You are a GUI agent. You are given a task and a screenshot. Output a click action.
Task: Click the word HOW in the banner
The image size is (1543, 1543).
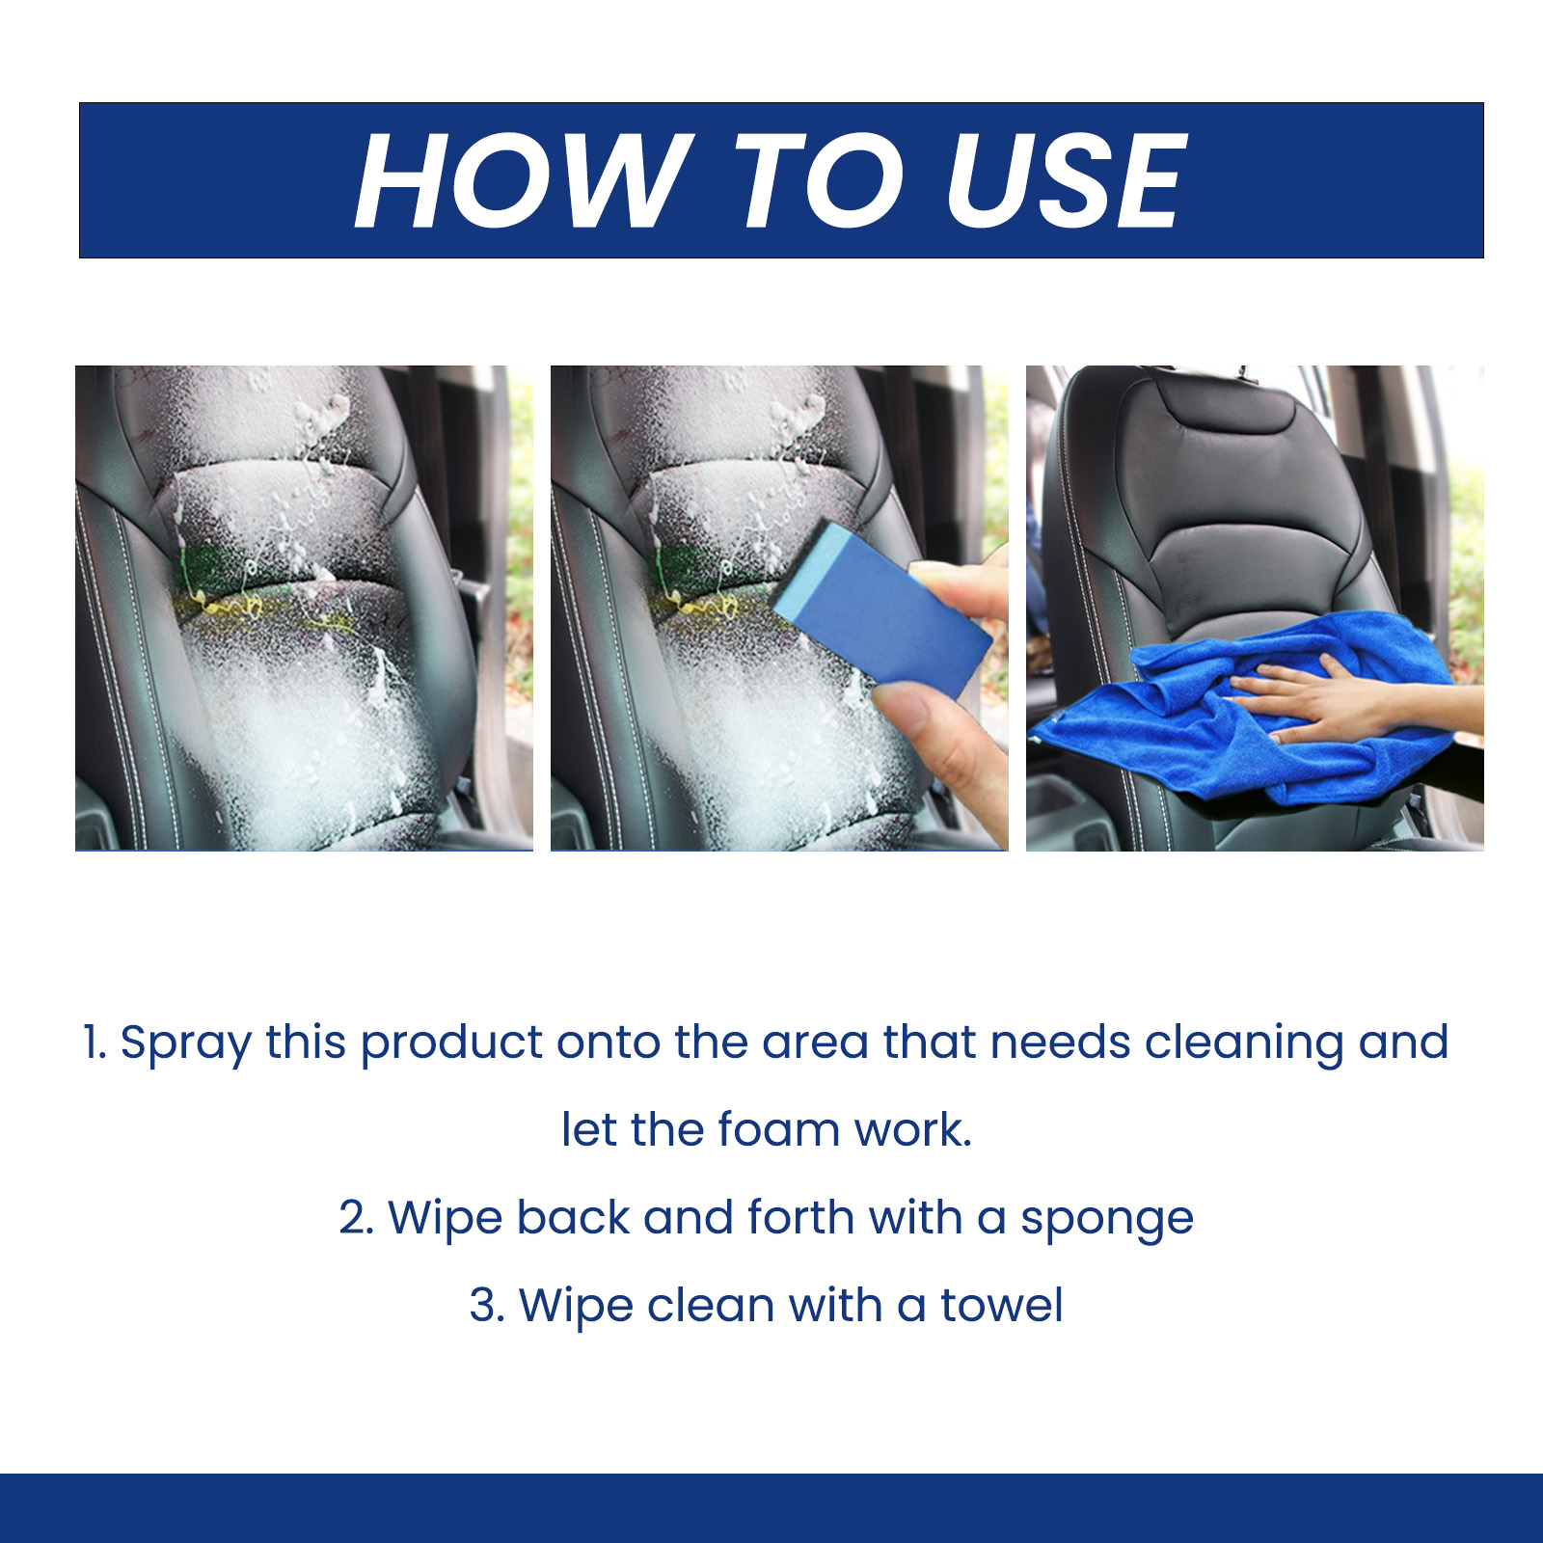(x=522, y=181)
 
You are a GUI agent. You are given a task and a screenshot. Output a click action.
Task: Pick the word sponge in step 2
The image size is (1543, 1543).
(x=1107, y=1221)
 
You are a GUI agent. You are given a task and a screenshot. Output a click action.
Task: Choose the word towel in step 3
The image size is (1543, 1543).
(x=1002, y=1306)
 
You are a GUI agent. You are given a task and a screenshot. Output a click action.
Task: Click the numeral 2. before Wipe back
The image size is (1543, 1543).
(x=356, y=1218)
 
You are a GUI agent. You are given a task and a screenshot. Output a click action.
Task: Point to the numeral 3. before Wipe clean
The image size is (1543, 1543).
(x=486, y=1306)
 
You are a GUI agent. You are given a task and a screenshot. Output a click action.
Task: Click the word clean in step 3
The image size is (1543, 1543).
(x=711, y=1306)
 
